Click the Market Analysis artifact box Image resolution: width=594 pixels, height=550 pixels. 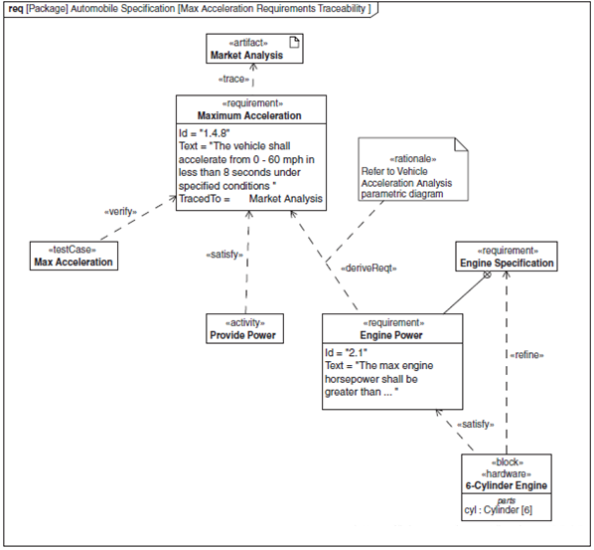(254, 49)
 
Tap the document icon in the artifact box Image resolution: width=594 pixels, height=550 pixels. (294, 42)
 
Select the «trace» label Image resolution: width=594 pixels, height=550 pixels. (233, 79)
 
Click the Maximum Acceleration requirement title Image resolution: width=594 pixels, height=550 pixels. (249, 115)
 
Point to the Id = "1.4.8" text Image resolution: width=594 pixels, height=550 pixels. (205, 133)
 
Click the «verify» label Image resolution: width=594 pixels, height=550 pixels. (120, 212)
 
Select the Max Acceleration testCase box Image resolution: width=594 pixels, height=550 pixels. (74, 256)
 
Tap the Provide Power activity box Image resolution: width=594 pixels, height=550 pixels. (244, 329)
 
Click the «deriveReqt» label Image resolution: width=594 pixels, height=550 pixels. (369, 269)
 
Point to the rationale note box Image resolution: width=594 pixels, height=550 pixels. (413, 169)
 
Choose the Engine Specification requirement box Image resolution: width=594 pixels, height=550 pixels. (507, 257)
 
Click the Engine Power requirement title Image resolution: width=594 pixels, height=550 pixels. (391, 335)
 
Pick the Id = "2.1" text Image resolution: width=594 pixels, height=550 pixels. (347, 353)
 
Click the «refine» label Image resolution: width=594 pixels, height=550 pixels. (526, 355)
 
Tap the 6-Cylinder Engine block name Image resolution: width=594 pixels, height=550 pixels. (507, 485)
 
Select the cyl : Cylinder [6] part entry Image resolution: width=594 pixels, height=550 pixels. (499, 510)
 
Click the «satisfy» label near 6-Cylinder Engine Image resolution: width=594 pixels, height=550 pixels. (476, 424)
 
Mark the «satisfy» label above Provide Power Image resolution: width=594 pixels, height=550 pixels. (224, 255)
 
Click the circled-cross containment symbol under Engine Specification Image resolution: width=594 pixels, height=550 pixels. (488, 275)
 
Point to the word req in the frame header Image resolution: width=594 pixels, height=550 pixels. (16, 9)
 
